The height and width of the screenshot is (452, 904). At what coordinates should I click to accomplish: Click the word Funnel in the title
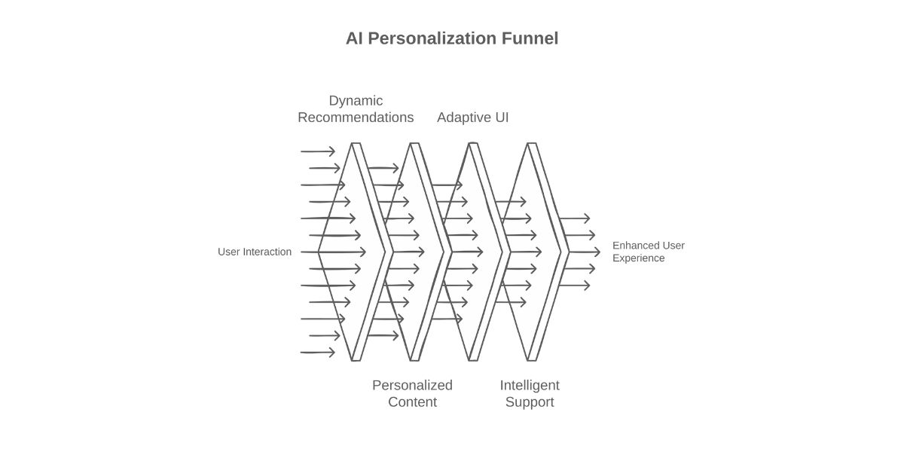(x=530, y=38)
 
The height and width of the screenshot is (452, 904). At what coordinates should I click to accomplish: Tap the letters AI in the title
(x=354, y=38)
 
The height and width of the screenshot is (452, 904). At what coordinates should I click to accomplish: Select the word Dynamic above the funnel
(x=356, y=101)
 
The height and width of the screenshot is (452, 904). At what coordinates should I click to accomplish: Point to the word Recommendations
(x=356, y=118)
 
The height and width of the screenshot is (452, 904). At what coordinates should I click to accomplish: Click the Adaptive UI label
(x=472, y=118)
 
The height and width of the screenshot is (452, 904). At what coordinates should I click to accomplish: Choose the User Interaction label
(x=255, y=252)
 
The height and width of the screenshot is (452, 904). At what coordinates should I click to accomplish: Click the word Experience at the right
(x=638, y=258)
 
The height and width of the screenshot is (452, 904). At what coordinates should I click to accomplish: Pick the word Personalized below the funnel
(x=412, y=386)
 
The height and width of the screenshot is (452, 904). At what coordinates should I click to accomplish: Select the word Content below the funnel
(x=412, y=402)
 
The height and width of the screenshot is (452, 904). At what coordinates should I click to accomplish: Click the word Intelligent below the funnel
(x=530, y=386)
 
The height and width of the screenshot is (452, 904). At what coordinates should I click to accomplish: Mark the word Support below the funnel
(x=530, y=402)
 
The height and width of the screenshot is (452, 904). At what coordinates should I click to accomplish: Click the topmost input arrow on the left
(x=317, y=152)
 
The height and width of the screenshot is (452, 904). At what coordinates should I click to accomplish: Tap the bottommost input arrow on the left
(x=317, y=352)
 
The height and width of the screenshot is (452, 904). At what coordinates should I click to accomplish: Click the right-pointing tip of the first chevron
(x=385, y=252)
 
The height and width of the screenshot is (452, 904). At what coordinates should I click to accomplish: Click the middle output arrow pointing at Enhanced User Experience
(x=581, y=252)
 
